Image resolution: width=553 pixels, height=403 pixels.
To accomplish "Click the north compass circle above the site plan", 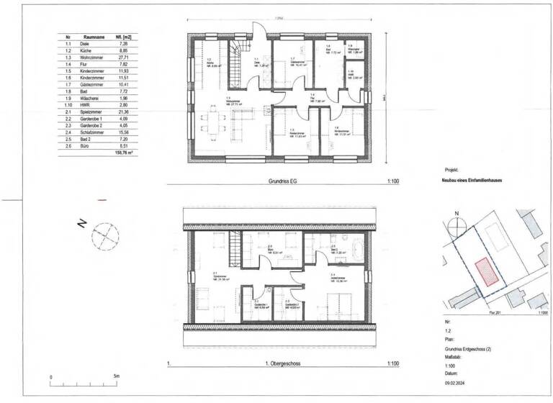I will click(454, 224).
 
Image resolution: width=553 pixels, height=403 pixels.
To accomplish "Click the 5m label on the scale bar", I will click(116, 376).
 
